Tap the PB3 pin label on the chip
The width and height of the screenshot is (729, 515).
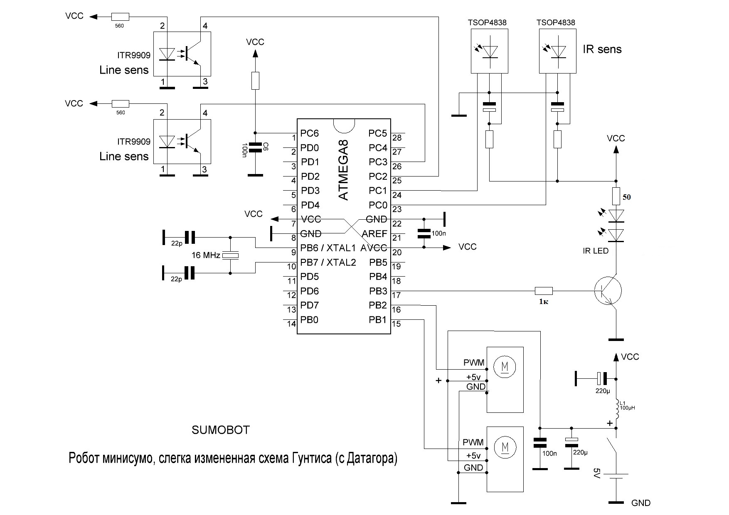pyautogui.click(x=378, y=291)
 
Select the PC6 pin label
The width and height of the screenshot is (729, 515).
pyautogui.click(x=310, y=133)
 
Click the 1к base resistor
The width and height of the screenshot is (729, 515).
pyautogui.click(x=544, y=291)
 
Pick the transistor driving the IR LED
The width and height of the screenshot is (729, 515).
pyautogui.click(x=608, y=291)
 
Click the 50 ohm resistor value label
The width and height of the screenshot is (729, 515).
pyautogui.click(x=627, y=197)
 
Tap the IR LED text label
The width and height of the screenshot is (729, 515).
pyautogui.click(x=595, y=251)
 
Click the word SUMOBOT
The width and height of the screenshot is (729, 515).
pyautogui.click(x=221, y=430)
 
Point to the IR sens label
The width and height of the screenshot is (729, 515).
pyautogui.click(x=602, y=49)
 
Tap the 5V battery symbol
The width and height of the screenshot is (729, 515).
pyautogui.click(x=616, y=476)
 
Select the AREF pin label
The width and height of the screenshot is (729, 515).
pyautogui.click(x=374, y=233)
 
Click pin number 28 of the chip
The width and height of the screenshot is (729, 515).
pyautogui.click(x=397, y=138)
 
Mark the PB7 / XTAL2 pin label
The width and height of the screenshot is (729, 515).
pyautogui.click(x=328, y=262)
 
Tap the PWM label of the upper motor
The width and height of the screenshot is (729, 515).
pyautogui.click(x=474, y=363)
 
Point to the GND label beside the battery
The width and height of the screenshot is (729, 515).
pyautogui.click(x=640, y=503)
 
